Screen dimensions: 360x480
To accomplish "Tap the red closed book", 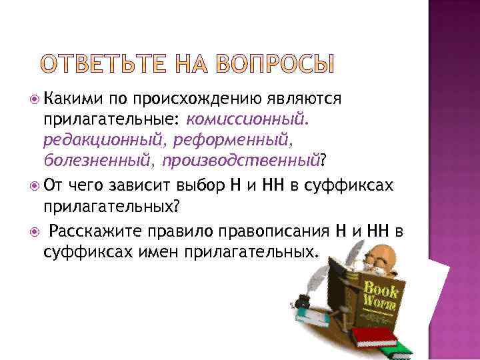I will tap(374, 335).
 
